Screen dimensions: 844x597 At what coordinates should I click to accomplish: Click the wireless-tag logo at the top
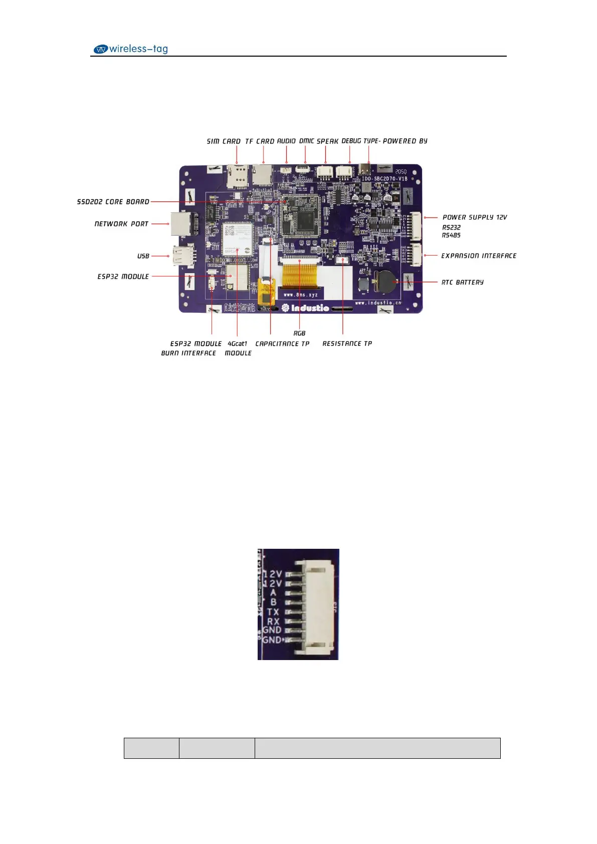[131, 49]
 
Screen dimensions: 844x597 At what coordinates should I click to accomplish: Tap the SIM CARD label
[224, 141]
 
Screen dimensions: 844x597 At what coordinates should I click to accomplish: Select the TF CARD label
[260, 141]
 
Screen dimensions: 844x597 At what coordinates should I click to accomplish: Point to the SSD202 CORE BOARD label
[113, 202]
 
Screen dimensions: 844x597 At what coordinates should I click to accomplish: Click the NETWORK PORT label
[121, 224]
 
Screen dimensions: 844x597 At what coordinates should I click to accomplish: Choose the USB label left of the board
[143, 256]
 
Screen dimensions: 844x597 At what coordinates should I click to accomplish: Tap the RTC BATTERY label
[462, 283]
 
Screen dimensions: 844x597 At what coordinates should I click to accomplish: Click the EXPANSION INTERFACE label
[479, 256]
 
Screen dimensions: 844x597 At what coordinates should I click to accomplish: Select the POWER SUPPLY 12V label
[475, 218]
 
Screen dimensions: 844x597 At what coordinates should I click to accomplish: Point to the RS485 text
[451, 235]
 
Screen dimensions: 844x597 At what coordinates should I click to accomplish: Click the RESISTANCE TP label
[347, 344]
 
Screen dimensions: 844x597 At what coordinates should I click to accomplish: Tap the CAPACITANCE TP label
[282, 344]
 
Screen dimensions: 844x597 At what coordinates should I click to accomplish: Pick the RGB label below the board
[299, 333]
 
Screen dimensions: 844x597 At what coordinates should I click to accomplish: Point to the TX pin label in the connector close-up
[273, 612]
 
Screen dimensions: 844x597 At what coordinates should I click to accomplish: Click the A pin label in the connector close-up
[273, 593]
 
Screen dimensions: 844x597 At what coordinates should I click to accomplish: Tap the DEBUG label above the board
[351, 141]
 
